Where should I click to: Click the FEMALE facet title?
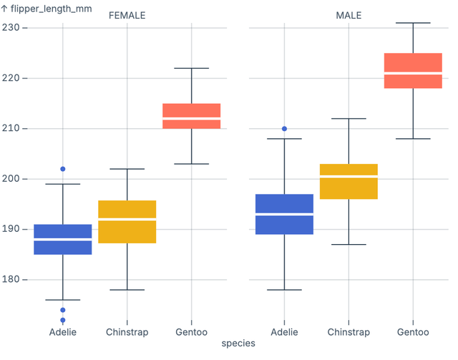[127, 16]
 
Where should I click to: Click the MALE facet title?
[349, 16]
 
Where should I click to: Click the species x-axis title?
[238, 344]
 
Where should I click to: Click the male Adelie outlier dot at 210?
[284, 129]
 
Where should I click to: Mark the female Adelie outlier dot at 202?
[62, 169]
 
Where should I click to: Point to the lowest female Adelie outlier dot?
[62, 320]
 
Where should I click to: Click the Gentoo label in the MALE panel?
[413, 332]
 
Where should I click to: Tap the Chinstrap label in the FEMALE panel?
[127, 332]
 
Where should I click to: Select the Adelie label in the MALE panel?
[284, 332]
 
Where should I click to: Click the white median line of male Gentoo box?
[413, 73]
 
